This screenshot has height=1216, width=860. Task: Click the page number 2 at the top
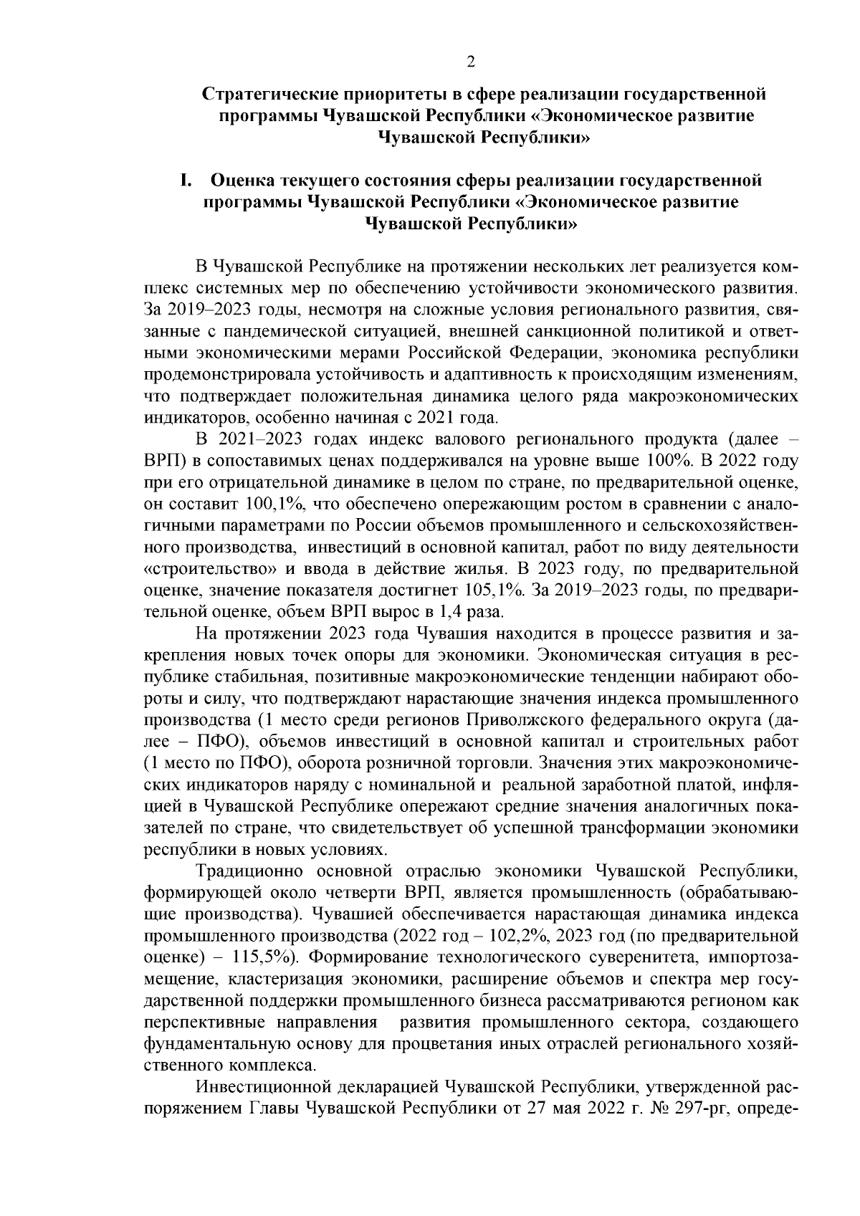[x=471, y=62]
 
